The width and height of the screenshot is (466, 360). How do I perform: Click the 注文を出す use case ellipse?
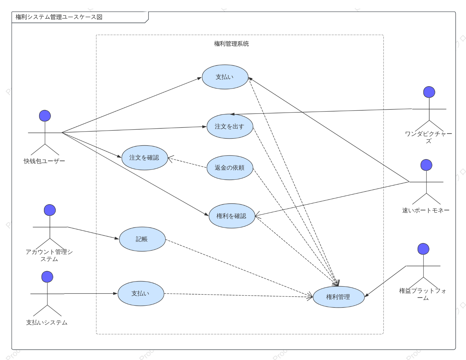(x=230, y=126)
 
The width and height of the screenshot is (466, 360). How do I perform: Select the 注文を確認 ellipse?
(x=144, y=158)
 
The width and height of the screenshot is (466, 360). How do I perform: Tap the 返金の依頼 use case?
(x=230, y=168)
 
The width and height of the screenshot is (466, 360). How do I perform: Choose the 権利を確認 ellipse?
(x=232, y=216)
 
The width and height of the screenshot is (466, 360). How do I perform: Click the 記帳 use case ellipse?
(x=142, y=239)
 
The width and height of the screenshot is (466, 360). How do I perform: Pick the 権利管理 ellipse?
(x=339, y=297)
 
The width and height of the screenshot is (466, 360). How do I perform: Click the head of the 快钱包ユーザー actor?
(x=45, y=116)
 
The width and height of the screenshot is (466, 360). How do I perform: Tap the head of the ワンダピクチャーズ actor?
(x=429, y=92)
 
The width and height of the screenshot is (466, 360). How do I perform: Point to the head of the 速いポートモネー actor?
(x=426, y=165)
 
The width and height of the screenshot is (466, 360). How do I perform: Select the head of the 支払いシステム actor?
(x=47, y=277)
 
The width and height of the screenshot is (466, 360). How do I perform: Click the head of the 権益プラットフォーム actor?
(x=423, y=249)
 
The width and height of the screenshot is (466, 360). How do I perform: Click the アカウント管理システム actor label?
(x=49, y=255)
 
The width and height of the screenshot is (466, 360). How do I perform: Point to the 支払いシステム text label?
(x=47, y=323)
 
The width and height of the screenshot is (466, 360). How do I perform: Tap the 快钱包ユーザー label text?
(x=44, y=161)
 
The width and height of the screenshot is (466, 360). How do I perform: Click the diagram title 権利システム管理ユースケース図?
(x=59, y=17)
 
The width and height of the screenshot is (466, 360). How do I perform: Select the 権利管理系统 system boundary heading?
(x=231, y=44)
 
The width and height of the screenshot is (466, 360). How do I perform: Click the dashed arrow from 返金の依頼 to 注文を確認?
(x=187, y=163)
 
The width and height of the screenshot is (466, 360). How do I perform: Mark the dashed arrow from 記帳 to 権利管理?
(x=239, y=268)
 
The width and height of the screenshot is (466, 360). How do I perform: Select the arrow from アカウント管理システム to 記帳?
(x=93, y=233)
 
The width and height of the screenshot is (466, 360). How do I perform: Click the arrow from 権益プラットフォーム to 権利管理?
(x=385, y=281)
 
